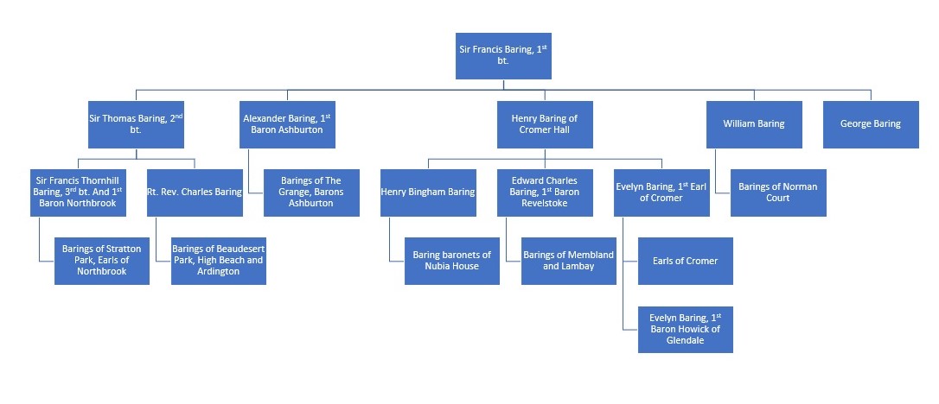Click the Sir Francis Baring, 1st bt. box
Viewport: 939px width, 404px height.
(x=502, y=56)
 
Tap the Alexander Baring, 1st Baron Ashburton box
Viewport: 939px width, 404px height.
(x=287, y=124)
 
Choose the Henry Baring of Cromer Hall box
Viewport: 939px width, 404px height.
(x=545, y=124)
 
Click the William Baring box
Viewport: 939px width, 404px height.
(x=753, y=124)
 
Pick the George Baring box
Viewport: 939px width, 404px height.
(x=870, y=124)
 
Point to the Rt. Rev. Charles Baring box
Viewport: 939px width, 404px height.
(x=195, y=193)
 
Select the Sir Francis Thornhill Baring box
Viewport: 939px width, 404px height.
(x=78, y=193)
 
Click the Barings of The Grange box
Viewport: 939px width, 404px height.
(x=311, y=193)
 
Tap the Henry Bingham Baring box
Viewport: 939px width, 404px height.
(x=428, y=193)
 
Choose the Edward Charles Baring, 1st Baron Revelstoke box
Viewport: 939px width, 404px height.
(x=545, y=193)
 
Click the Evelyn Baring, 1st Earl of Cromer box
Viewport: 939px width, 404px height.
(x=661, y=193)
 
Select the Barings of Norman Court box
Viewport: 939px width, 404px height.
(x=778, y=193)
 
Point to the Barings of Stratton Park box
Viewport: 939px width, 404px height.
(x=101, y=261)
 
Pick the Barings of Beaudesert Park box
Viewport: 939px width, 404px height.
(x=218, y=261)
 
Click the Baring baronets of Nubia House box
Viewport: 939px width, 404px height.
(x=451, y=261)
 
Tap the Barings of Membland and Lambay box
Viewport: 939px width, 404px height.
(x=568, y=261)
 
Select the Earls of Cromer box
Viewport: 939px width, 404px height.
(x=685, y=261)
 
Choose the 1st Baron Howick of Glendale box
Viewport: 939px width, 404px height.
(x=685, y=329)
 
